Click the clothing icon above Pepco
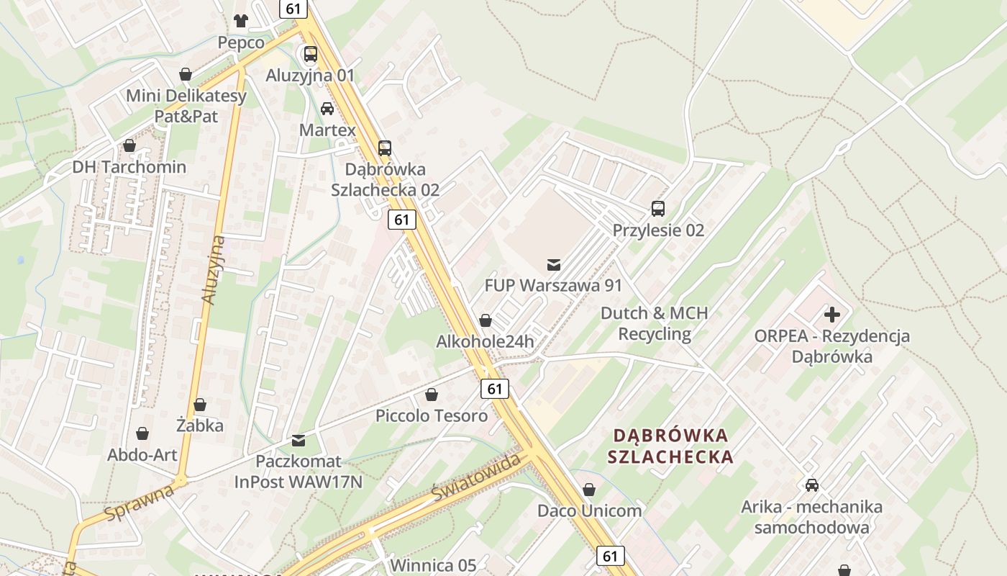coord(241,20)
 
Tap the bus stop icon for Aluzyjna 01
coord(311,53)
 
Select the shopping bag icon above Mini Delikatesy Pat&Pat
coord(186,74)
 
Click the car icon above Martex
coord(327,109)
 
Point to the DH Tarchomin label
coord(129,167)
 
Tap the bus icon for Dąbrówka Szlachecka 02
coord(385,148)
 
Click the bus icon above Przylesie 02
coord(658,209)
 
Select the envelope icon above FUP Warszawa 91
coord(554,264)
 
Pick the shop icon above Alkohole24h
coord(486,320)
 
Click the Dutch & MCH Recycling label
coord(655,323)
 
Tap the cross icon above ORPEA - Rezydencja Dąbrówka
coord(832,315)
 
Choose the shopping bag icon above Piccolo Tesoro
coord(432,395)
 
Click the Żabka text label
coord(200,426)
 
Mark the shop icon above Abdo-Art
coord(142,433)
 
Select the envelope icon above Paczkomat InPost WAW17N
coord(299,440)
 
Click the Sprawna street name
coord(139,503)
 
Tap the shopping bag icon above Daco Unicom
coord(589,490)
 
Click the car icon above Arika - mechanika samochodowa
coord(812,485)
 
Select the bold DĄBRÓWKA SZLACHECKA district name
coord(670,446)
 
